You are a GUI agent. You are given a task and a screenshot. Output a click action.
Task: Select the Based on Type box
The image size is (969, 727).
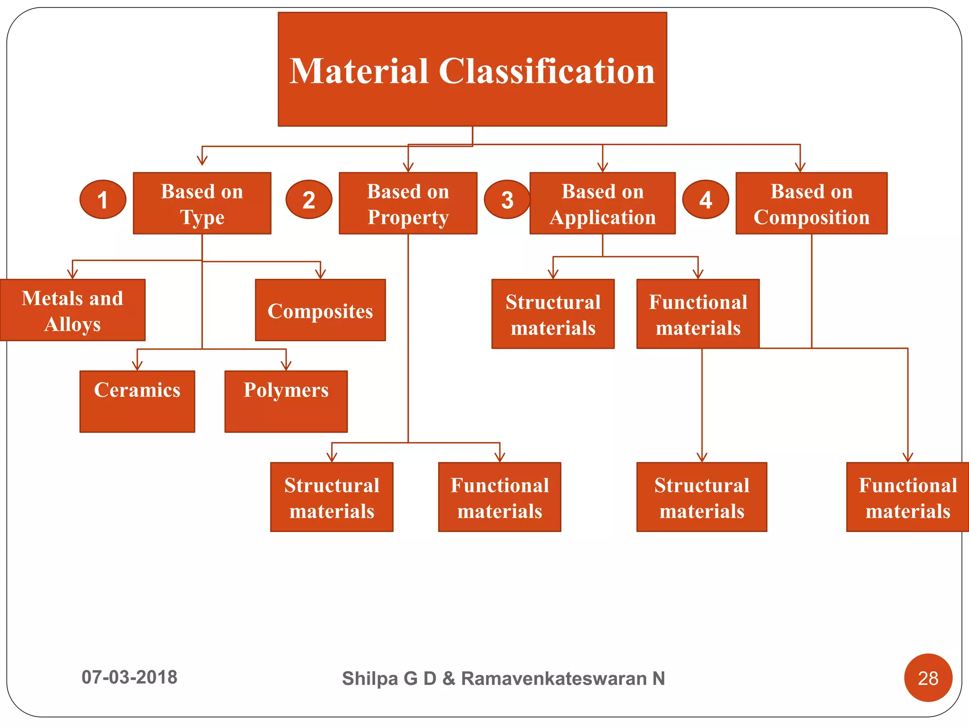(x=202, y=203)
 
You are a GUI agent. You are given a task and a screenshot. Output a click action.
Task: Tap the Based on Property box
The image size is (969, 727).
(x=408, y=203)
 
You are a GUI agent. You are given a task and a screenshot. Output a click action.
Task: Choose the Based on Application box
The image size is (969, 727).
(x=602, y=203)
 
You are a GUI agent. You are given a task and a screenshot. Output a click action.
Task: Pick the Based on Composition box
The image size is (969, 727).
(x=811, y=203)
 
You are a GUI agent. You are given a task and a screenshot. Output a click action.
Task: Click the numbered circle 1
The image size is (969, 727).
(x=103, y=199)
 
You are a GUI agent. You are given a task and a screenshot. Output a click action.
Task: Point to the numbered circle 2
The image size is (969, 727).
(x=309, y=199)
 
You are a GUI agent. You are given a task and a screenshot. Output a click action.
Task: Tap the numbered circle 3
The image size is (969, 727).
(x=507, y=199)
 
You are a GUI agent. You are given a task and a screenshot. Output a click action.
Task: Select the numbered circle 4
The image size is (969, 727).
(x=705, y=199)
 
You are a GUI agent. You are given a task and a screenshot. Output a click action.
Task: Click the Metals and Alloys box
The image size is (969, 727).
(x=72, y=310)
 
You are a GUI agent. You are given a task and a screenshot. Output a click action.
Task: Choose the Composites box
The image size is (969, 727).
(x=320, y=310)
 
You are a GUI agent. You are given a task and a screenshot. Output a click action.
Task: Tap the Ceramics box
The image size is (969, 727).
(x=137, y=401)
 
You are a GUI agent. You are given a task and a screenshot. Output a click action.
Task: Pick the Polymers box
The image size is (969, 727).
(x=286, y=401)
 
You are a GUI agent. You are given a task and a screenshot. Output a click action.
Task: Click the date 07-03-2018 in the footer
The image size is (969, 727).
(x=129, y=677)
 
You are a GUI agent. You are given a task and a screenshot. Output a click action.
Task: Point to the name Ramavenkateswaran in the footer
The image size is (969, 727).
(x=554, y=678)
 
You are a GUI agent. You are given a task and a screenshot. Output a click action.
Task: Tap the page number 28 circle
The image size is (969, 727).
(x=928, y=678)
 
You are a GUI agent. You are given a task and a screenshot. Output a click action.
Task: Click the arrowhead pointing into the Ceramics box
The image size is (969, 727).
(x=137, y=366)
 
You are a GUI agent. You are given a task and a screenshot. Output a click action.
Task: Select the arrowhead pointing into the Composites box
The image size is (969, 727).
(x=320, y=275)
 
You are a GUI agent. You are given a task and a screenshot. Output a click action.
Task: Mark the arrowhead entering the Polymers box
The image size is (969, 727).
(x=286, y=366)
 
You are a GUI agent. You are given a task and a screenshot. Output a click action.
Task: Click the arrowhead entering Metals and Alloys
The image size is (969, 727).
(x=72, y=275)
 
